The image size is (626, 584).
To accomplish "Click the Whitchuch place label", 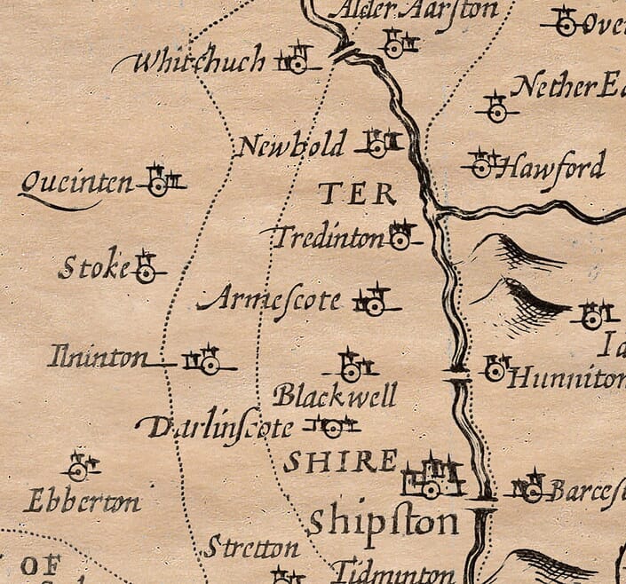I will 191,61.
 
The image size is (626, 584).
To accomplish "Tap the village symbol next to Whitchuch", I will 297,61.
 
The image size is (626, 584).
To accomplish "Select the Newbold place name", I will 290,145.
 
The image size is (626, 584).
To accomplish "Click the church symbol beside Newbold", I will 378,144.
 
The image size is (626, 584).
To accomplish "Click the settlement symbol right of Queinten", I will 160,182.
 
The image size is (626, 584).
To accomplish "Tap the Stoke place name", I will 93,266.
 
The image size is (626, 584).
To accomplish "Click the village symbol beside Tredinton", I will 400,236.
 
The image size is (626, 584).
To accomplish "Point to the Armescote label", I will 270,301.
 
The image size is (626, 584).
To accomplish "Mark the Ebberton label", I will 82,502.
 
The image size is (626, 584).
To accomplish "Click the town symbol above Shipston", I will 432,479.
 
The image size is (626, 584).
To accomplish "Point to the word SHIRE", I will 340,461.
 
